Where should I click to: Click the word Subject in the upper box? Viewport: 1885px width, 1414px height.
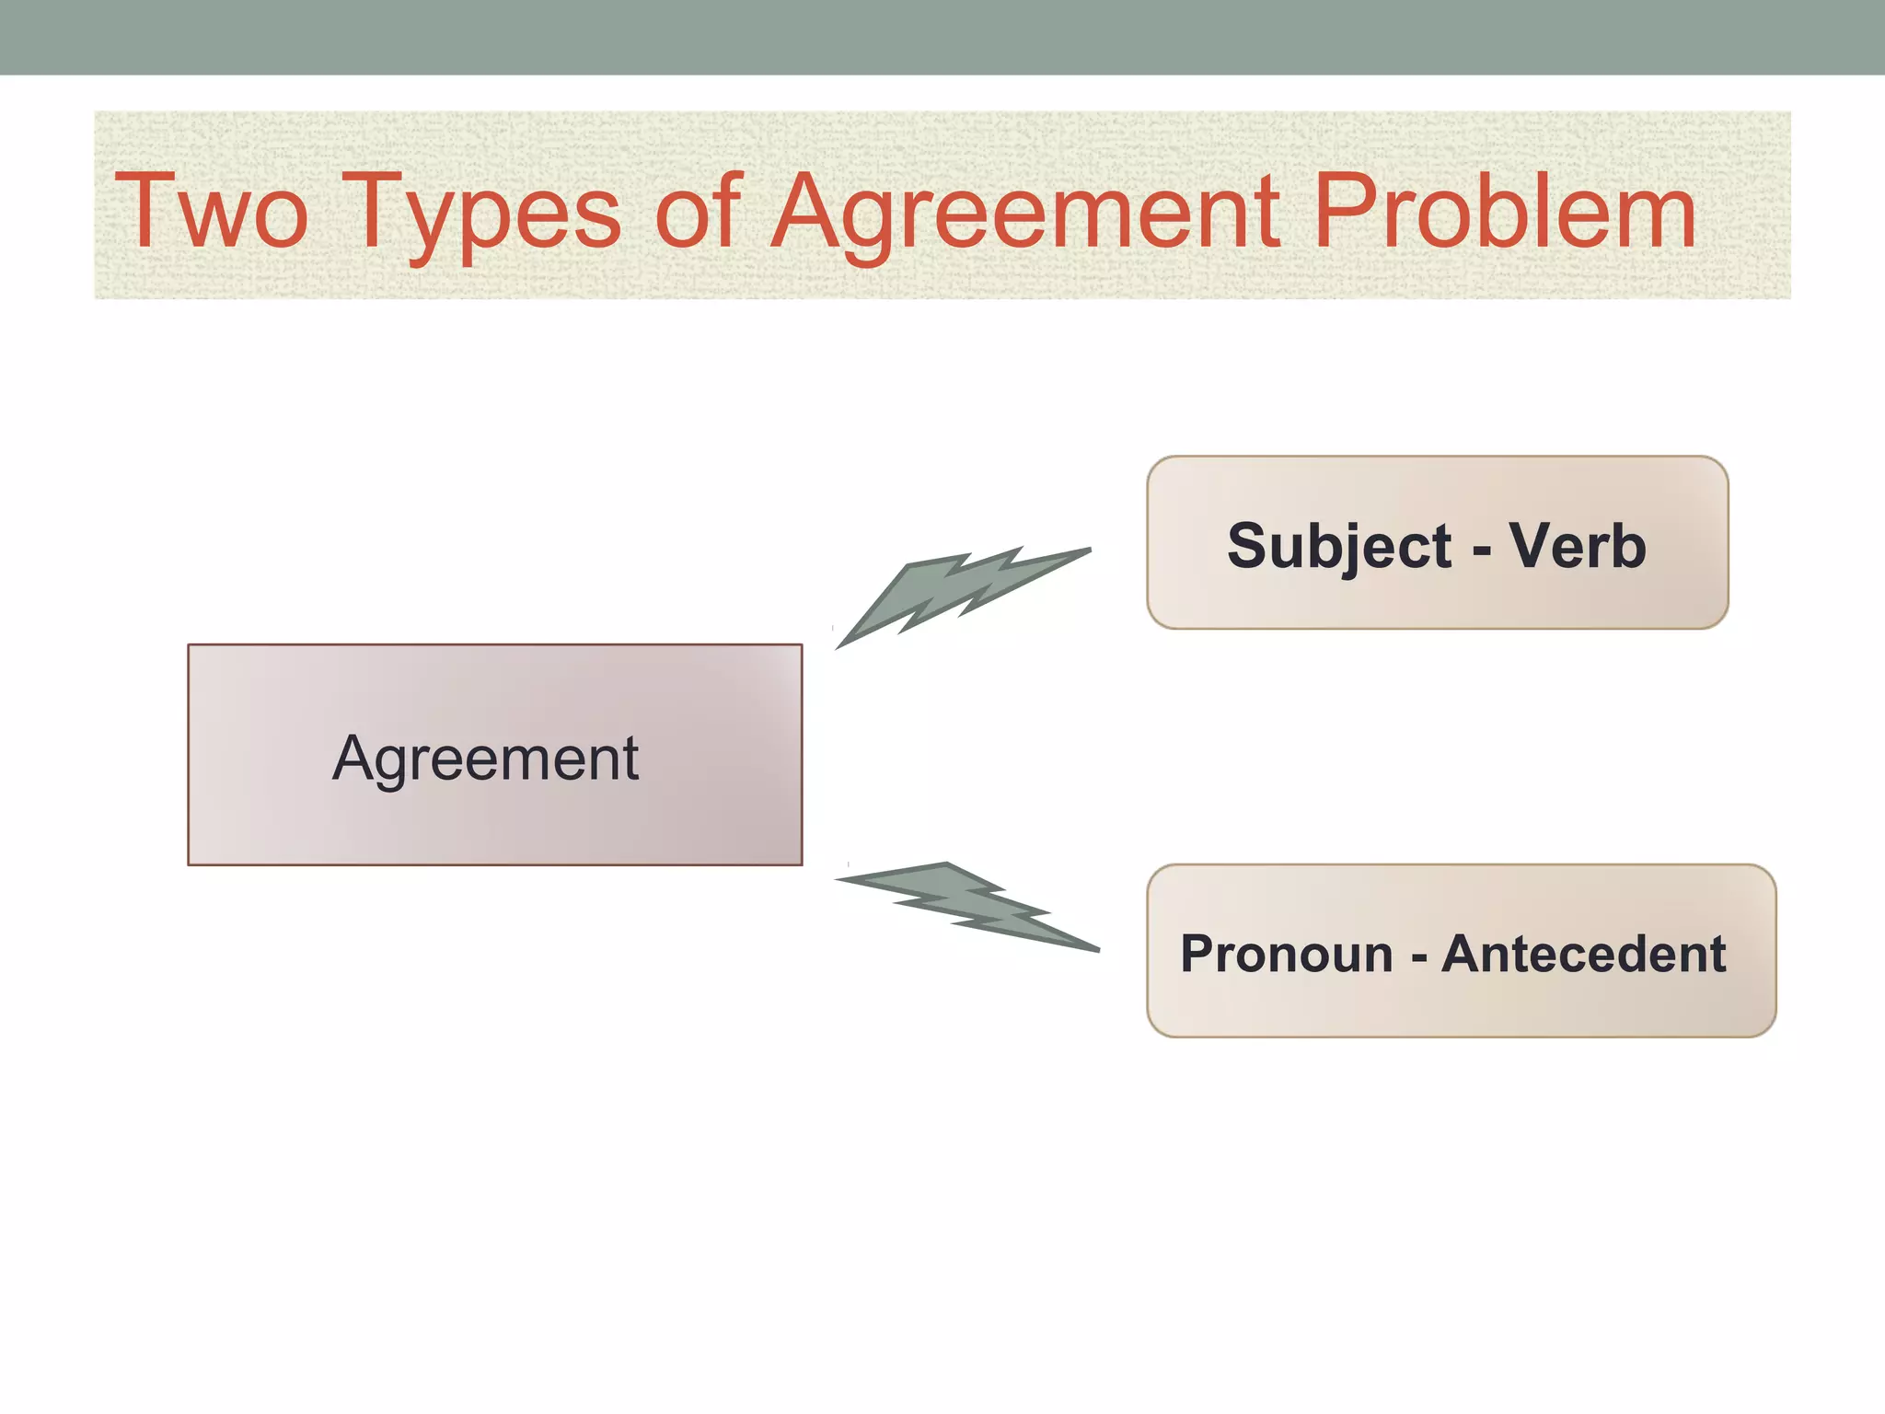[1339, 547]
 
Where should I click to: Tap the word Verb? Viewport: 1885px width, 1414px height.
[1578, 547]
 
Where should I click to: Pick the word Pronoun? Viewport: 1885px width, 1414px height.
[1286, 954]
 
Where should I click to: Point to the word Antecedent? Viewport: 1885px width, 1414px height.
[1583, 954]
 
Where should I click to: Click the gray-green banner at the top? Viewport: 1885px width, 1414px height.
[942, 37]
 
